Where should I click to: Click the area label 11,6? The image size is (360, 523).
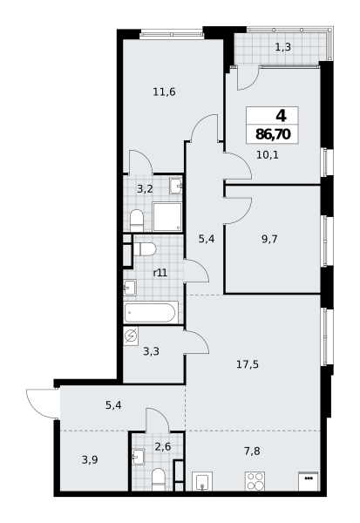point(164,92)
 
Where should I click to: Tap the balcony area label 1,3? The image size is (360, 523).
point(283,47)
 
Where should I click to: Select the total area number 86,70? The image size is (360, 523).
point(273,134)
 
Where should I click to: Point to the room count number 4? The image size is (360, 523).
point(281,116)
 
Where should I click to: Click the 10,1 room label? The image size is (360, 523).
point(268,155)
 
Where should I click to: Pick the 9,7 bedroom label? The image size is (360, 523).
point(269,239)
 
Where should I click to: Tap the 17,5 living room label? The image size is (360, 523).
point(248,364)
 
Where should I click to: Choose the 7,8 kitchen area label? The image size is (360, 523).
point(252,451)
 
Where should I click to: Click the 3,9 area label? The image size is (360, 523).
point(90,460)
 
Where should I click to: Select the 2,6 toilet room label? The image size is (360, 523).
point(163,446)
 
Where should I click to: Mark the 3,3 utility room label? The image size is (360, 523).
point(151,351)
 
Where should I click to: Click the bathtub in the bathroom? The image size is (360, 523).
point(150,312)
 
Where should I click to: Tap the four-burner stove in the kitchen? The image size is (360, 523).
point(255,481)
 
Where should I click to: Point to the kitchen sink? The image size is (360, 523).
point(202,481)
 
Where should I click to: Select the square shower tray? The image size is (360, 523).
point(167,216)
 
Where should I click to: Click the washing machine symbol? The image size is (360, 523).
point(131,336)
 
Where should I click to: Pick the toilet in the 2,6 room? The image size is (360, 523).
point(159,479)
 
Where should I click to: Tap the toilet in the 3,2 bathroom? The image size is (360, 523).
point(137,221)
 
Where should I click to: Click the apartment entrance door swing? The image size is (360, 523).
point(43,403)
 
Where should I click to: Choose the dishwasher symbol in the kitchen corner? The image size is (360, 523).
point(309,481)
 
